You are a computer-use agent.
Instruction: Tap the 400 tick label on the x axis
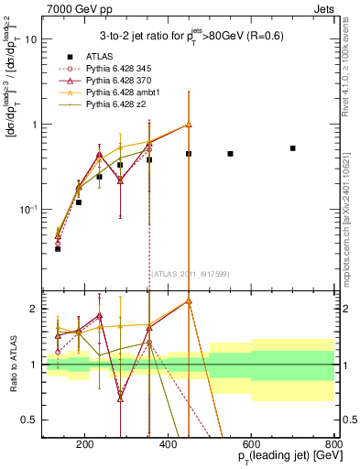pyautogui.click(x=169, y=444)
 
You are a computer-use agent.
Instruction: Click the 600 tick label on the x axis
pyautogui.click(x=252, y=444)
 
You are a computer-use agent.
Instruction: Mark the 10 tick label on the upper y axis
pyautogui.click(x=31, y=39)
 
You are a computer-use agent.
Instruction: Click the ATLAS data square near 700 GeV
pyautogui.click(x=293, y=147)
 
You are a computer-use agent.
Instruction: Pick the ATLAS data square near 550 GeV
pyautogui.click(x=230, y=154)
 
